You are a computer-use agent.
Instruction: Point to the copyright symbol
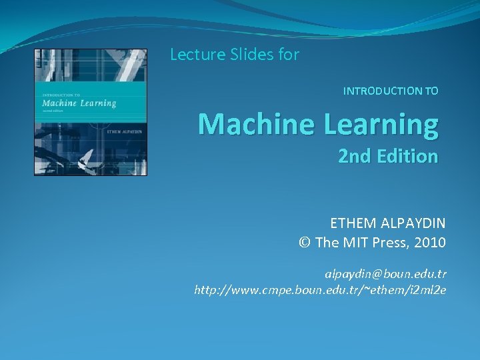(305, 243)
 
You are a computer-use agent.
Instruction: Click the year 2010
(429, 243)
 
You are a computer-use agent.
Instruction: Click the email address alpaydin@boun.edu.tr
(386, 274)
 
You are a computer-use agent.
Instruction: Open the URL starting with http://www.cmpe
(320, 290)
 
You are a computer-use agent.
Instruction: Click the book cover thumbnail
(91, 112)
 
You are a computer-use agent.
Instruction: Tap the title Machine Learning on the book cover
(79, 103)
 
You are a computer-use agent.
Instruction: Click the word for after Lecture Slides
(289, 55)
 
